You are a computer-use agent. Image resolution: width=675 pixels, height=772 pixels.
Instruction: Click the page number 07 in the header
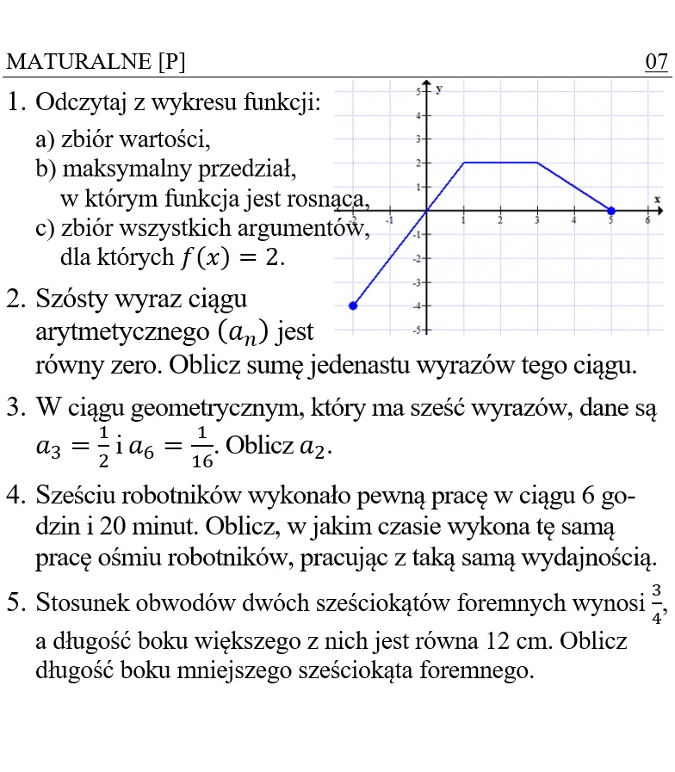coord(656,63)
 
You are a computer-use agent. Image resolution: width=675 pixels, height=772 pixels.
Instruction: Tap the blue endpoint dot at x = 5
coord(611,211)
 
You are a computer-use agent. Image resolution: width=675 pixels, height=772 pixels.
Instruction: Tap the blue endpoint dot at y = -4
coord(353,306)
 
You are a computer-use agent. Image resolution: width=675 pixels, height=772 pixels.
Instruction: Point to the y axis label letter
coord(439,89)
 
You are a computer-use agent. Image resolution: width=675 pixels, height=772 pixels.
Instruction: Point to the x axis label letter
coord(657,200)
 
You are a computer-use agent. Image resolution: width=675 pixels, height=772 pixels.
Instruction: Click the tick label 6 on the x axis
coord(647,221)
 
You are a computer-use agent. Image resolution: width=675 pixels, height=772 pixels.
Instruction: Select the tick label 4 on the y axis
coord(418,115)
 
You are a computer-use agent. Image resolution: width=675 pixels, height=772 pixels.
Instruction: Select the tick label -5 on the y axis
coord(416,330)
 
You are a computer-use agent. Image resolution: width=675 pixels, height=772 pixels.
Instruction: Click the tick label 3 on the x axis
coord(537,221)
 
